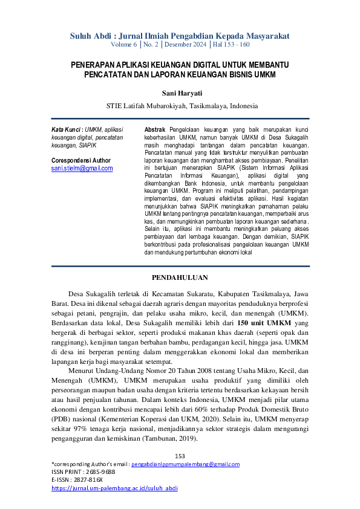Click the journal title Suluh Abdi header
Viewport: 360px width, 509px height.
[x=180, y=36]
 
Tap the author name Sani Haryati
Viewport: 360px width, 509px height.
[x=180, y=93]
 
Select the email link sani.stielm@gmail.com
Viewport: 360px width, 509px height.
[x=82, y=169]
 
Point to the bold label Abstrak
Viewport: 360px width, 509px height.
[x=157, y=130]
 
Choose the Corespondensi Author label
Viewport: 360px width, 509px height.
[x=81, y=161]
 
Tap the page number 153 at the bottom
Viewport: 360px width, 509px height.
[x=180, y=456]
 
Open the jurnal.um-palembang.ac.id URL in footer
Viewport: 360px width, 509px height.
[x=114, y=487]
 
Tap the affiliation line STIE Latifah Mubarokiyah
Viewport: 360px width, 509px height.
[x=180, y=105]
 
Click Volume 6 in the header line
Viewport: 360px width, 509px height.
[x=125, y=45]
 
